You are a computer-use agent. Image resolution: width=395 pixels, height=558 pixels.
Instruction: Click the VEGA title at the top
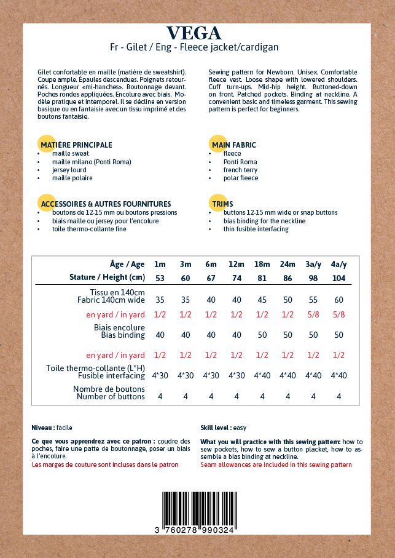click(194, 33)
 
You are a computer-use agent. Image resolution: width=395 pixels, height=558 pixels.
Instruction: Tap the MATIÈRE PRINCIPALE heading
click(76, 145)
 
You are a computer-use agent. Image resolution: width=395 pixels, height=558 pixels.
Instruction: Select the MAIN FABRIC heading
click(234, 145)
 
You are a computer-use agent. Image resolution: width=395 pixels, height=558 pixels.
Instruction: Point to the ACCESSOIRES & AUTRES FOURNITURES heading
click(106, 204)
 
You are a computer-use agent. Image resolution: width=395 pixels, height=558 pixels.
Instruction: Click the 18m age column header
click(262, 264)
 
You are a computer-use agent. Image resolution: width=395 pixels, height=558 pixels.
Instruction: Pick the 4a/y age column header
click(338, 264)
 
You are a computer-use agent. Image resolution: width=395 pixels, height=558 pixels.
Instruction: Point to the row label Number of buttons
click(111, 397)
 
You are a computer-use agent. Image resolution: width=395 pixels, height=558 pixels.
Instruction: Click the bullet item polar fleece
click(241, 178)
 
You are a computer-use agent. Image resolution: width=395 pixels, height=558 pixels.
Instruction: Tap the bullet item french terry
click(241, 170)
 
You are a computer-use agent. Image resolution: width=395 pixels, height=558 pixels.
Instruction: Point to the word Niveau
click(42, 427)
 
